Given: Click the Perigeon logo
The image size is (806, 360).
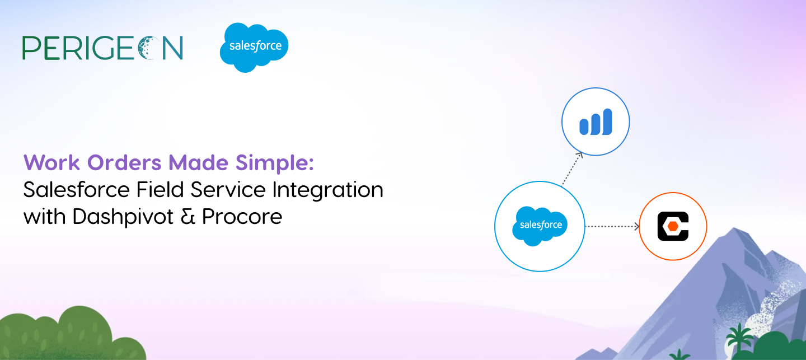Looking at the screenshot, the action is click(x=102, y=48).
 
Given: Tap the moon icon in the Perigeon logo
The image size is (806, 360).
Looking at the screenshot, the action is click(x=149, y=48).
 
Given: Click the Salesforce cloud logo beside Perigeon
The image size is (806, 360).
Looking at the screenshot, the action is click(x=254, y=48).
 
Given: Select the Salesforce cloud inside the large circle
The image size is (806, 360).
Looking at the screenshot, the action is click(x=540, y=226).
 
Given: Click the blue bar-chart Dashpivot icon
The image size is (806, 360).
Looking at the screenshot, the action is click(x=596, y=121).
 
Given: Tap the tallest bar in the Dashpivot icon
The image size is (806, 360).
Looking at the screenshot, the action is click(x=607, y=121).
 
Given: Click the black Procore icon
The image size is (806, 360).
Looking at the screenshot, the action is click(x=673, y=226).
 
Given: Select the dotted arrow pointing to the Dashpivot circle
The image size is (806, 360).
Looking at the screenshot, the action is click(x=572, y=169).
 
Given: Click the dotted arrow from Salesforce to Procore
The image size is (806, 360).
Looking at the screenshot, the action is click(x=612, y=226).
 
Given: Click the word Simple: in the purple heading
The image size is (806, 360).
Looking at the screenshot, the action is click(x=275, y=163).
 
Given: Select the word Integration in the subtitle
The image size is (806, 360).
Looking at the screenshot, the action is click(x=328, y=190).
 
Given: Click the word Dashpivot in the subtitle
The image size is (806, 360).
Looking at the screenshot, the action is click(x=123, y=217).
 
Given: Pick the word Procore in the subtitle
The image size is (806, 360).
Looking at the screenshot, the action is click(x=242, y=217).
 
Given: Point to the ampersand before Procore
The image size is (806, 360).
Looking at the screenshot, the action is click(x=188, y=217).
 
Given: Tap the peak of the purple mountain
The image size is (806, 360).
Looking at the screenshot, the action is click(x=734, y=228).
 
